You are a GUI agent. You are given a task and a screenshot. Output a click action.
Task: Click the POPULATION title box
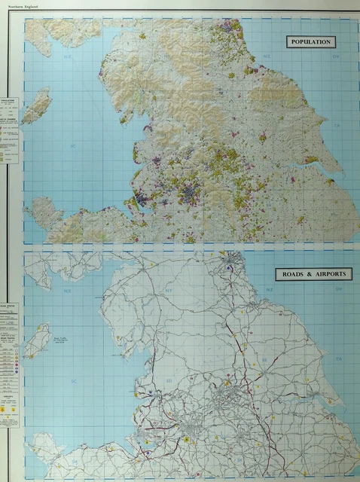point(310,42)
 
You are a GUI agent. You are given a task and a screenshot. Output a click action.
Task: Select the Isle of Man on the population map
point(36,105)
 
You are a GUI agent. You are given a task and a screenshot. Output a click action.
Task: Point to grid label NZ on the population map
point(267,56)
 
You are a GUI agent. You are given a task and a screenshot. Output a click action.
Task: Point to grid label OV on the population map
point(337,56)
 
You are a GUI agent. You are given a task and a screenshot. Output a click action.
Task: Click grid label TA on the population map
point(337,125)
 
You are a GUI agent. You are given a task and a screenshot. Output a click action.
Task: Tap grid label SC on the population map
point(73,145)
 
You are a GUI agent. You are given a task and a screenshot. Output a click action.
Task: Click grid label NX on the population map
point(66,56)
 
